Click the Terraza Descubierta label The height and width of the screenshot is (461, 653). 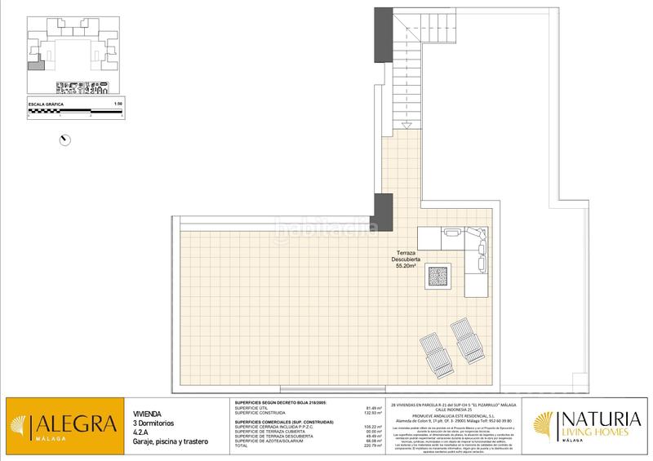[406, 255]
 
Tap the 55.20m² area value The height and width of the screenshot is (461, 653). [406, 266]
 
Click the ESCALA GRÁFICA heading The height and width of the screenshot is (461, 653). [47, 104]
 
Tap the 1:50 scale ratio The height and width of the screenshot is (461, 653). [118, 104]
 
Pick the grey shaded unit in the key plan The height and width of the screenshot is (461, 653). [34, 68]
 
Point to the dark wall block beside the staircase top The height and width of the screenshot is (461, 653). [384, 35]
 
